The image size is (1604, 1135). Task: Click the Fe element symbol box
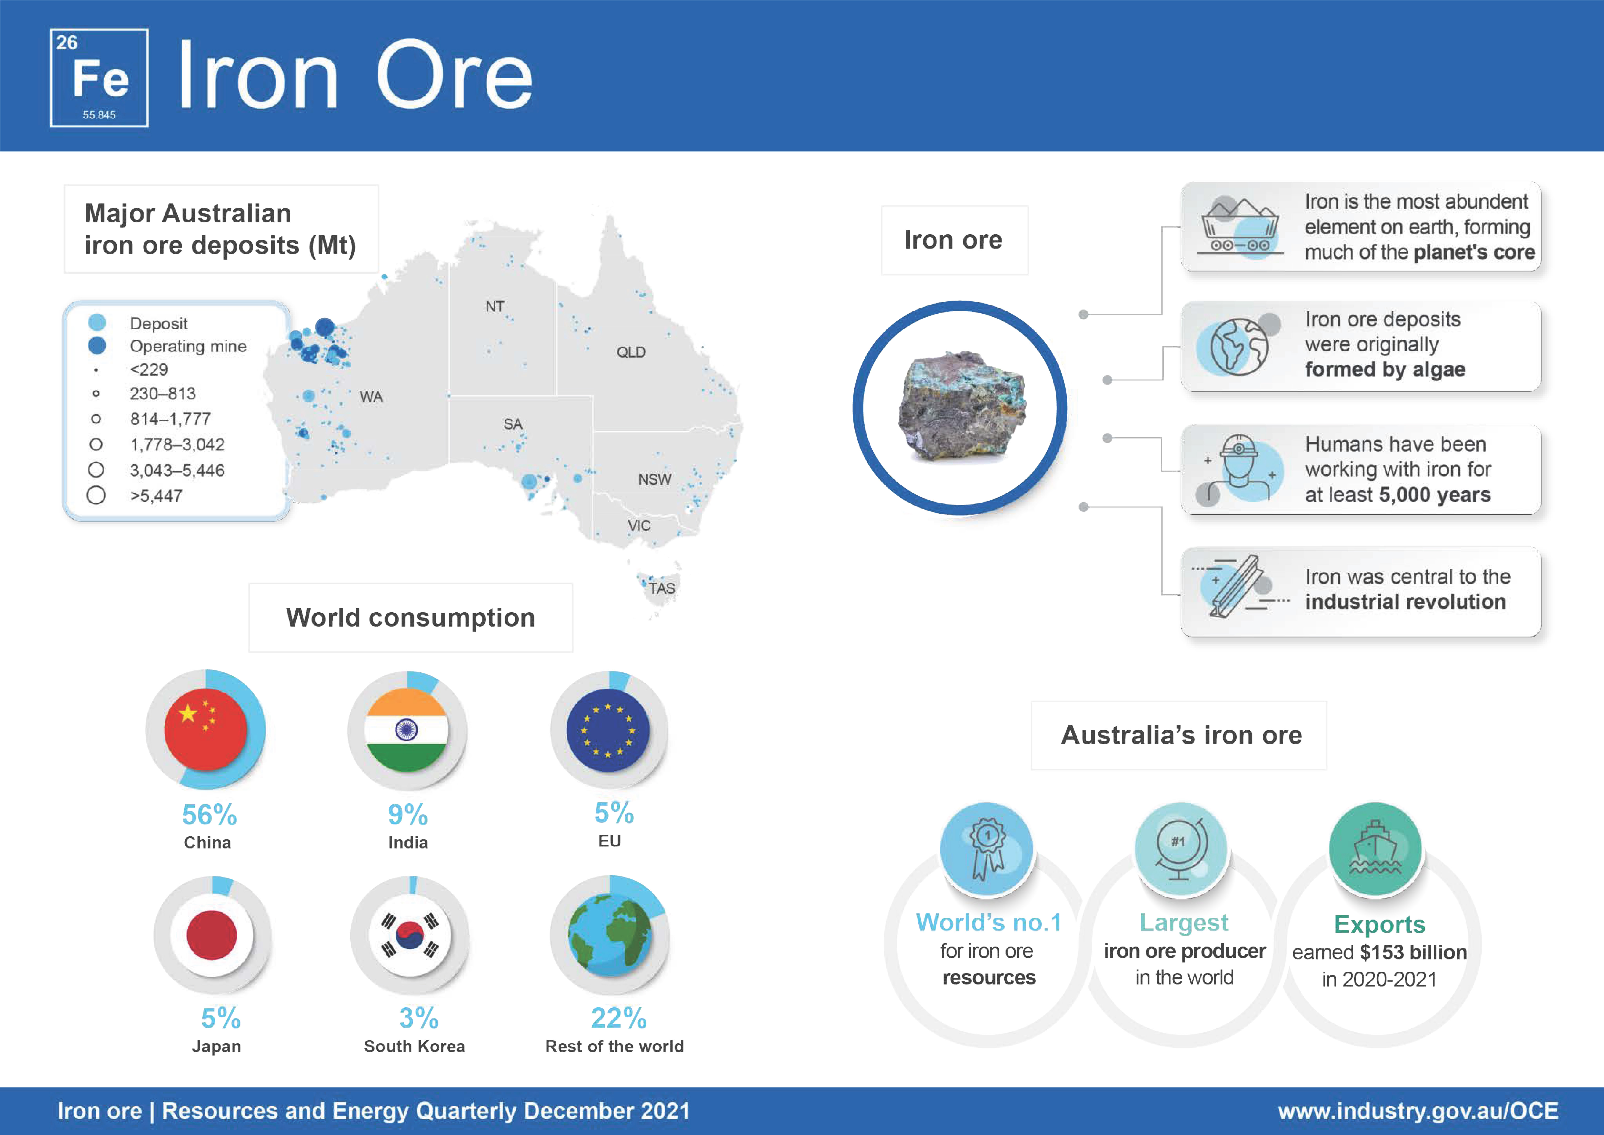(99, 78)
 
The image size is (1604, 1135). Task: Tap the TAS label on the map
(662, 589)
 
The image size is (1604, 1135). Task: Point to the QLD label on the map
(631, 352)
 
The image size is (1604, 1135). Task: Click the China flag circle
(205, 729)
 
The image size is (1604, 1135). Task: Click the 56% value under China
(209, 815)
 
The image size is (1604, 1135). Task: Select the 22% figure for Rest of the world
(618, 1018)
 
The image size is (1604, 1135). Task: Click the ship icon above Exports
(1375, 848)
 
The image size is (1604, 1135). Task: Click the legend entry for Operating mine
(168, 346)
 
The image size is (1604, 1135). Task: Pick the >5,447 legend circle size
(96, 495)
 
